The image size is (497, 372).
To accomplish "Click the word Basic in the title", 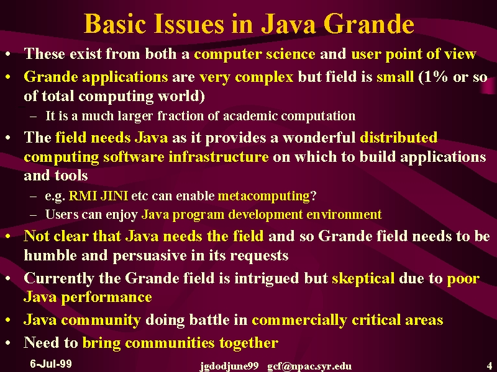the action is (x=115, y=24).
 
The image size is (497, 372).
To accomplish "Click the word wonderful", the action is (x=319, y=138).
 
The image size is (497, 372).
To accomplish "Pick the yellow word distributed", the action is (x=398, y=138).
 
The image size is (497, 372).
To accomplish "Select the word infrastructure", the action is (x=219, y=157).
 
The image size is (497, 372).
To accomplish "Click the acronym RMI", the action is (x=83, y=196).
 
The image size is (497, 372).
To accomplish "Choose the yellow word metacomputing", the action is (x=263, y=196).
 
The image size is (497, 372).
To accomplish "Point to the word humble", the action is (x=50, y=255).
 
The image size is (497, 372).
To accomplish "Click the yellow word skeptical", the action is (x=363, y=278).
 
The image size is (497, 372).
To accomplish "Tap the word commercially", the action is (x=299, y=320).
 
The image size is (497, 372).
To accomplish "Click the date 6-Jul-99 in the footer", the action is (x=51, y=363).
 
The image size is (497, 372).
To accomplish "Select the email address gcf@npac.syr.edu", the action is (x=309, y=366).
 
